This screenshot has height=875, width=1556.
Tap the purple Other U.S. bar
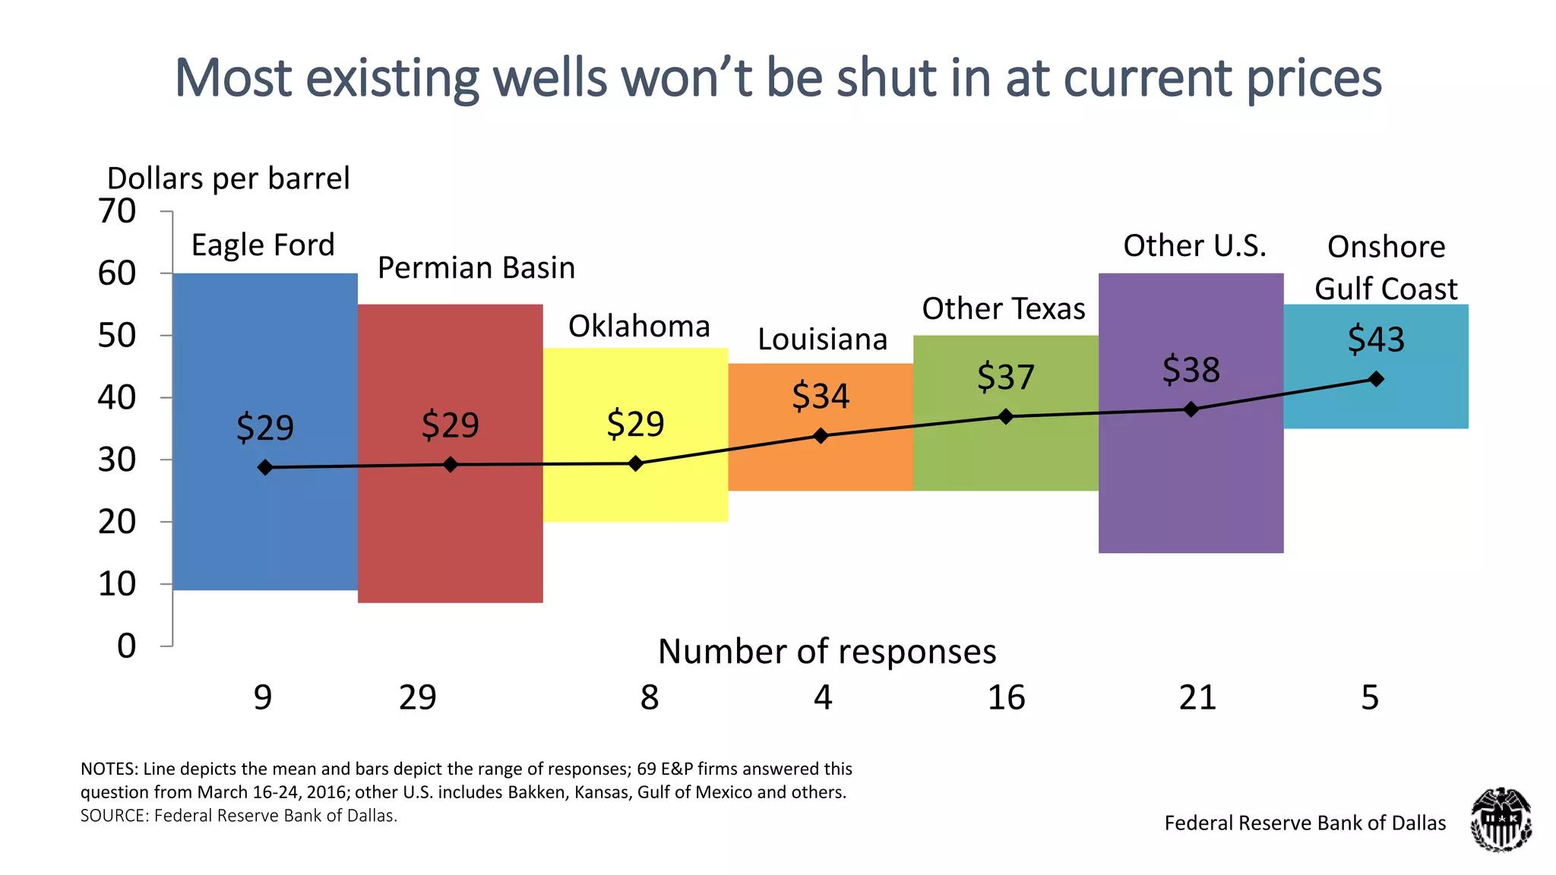1191,486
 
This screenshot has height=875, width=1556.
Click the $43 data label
1376,339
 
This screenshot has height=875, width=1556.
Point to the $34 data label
821,396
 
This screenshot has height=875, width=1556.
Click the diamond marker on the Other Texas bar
1006,416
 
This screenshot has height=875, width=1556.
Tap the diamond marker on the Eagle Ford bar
265,467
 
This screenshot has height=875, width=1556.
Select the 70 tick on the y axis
117,211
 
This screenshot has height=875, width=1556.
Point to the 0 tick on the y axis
126,646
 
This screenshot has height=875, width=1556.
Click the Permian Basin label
476,268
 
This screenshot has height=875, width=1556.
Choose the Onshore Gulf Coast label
1386,267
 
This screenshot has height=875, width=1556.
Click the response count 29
417,697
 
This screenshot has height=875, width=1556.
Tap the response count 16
1006,697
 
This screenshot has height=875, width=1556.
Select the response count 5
1369,697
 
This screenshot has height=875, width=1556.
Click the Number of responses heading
827,652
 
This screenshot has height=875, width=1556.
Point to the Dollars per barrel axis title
228,178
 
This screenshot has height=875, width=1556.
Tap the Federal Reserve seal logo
1501,820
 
